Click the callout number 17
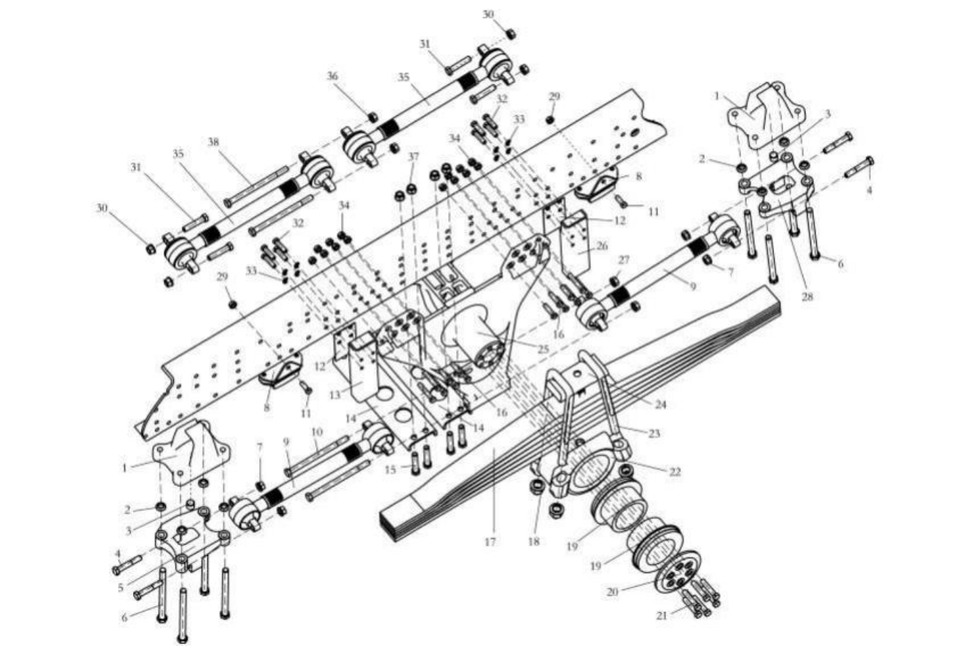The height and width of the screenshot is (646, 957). (490, 542)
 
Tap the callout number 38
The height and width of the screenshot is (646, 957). (213, 141)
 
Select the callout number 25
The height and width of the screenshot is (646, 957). (542, 349)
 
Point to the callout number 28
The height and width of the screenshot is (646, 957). (807, 296)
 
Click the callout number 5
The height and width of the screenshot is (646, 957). (121, 587)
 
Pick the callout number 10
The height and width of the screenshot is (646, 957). (317, 432)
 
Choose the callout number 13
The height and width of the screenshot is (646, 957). (335, 394)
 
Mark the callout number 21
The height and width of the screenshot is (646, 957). (662, 616)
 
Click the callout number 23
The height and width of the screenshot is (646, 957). (654, 434)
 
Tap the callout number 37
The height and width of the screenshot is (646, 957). (413, 156)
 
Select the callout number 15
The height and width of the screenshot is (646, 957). (390, 469)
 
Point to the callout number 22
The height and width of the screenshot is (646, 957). (675, 472)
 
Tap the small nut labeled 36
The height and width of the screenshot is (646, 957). (372, 116)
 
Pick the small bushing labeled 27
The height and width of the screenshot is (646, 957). (614, 281)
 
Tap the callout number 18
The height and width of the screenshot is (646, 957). (534, 542)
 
